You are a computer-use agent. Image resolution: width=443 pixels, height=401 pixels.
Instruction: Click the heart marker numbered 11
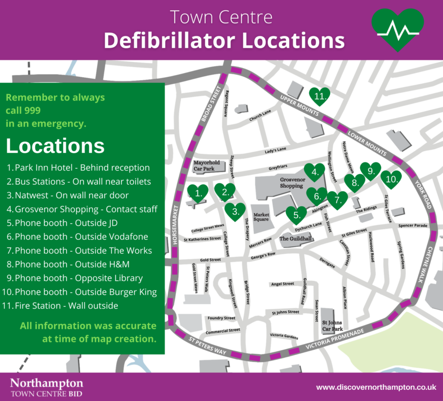320,95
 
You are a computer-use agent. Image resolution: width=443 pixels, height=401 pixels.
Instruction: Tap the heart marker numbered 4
314,173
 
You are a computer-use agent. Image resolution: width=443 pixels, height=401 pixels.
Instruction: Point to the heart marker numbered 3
235,211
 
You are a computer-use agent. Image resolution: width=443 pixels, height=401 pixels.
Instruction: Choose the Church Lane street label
261,116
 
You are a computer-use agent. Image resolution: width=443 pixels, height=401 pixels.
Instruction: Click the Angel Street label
282,284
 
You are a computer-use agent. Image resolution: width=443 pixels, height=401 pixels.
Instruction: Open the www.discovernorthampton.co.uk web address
376,387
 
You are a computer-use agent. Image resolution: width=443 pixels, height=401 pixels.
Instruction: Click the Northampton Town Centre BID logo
47,387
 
